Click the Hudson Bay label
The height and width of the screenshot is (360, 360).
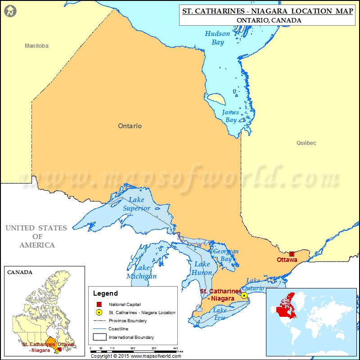coord(217,38)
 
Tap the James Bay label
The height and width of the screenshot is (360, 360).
coord(230,116)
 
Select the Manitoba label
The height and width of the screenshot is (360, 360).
coord(36,46)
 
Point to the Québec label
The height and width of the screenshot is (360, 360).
coord(306,143)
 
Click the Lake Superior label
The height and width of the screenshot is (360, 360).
coord(137,204)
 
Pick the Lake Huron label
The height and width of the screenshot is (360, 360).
coord(202,268)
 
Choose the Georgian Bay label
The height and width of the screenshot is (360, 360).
coord(226,255)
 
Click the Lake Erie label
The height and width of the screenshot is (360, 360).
coord(220,314)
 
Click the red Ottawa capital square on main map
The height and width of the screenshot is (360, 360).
coord(292,254)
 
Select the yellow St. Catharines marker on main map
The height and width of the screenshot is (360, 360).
coord(244,295)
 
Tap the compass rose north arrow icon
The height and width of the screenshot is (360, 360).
coord(10,10)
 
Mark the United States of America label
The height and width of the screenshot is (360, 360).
coord(36,237)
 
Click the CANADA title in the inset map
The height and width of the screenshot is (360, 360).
coord(20,272)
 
